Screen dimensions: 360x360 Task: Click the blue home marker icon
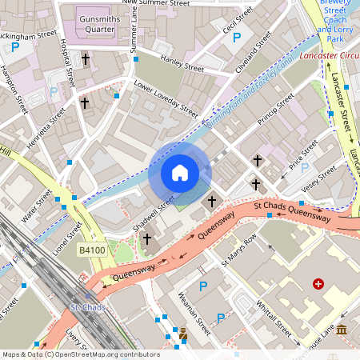[180, 173]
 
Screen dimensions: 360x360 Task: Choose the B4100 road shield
[92, 250]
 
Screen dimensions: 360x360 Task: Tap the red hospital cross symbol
[318, 284]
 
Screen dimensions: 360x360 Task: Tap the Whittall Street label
[271, 316]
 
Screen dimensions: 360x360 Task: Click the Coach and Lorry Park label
[335, 29]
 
